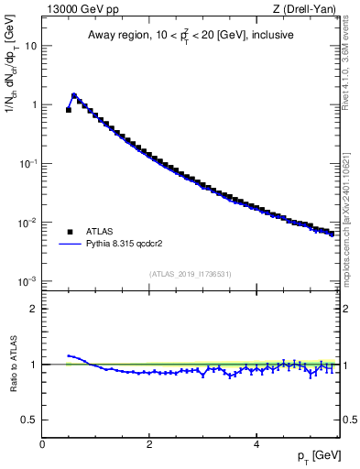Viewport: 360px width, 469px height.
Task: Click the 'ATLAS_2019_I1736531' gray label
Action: [x=190, y=273]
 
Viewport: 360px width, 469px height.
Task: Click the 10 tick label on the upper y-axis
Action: [x=29, y=45]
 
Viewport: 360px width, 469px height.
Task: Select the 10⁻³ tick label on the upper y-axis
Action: [x=27, y=281]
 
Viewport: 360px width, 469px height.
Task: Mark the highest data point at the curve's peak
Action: [x=74, y=95]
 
